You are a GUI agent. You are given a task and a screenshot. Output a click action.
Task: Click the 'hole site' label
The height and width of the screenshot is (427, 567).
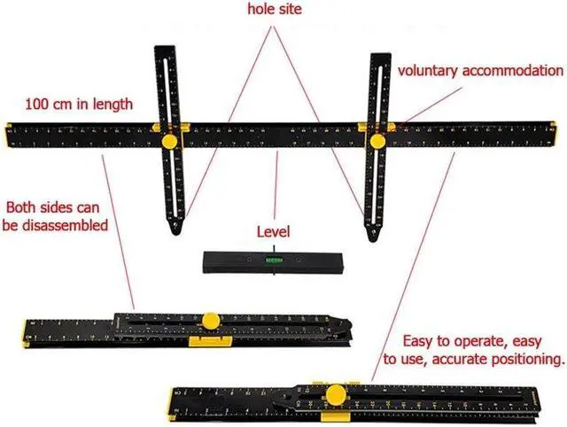[275, 11]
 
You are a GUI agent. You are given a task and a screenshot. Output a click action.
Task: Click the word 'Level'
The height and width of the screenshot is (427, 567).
[274, 232]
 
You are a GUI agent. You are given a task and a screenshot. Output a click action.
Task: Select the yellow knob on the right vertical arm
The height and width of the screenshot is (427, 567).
[377, 140]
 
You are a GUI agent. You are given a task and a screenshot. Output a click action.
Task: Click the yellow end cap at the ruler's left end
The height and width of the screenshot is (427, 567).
[8, 134]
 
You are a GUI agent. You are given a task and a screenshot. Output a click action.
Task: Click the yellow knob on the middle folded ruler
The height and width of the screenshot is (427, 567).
[211, 321]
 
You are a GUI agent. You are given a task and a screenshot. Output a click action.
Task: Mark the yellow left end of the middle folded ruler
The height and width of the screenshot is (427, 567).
[25, 333]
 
